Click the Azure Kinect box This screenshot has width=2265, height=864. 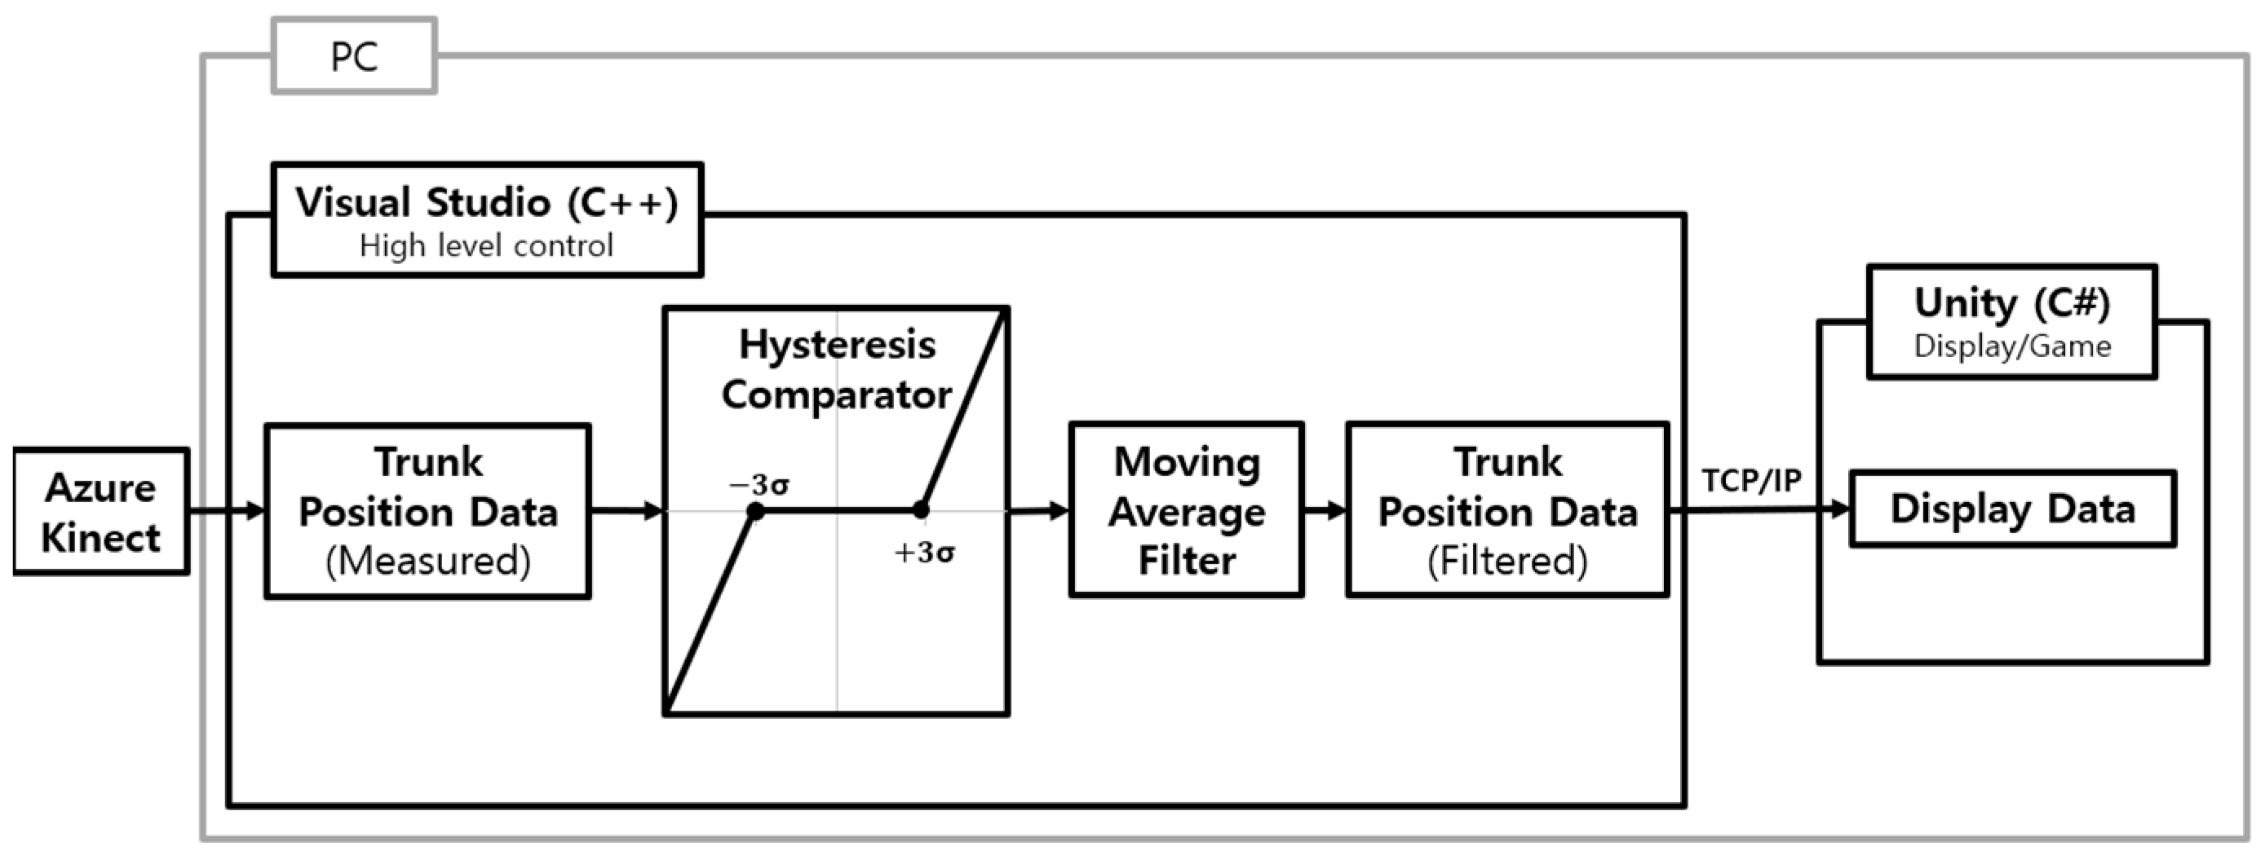tap(101, 512)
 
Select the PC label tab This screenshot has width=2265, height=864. tap(354, 56)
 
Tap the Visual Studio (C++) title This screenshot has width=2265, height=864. tap(486, 203)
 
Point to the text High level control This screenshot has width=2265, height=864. tap(486, 246)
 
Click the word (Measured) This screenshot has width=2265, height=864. tap(428, 561)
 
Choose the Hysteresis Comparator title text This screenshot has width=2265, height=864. tap(836, 369)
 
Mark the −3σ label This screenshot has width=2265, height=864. tap(759, 484)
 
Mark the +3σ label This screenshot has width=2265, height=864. tap(924, 553)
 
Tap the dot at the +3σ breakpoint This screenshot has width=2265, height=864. tap(921, 509)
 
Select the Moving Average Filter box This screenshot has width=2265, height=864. tap(1186, 509)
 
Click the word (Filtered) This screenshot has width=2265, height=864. tap(1507, 561)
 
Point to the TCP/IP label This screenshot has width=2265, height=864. tap(1750, 481)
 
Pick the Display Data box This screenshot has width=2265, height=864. tap(2013, 509)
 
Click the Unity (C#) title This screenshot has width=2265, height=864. tap(2012, 303)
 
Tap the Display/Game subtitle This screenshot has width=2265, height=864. tap(2012, 346)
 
